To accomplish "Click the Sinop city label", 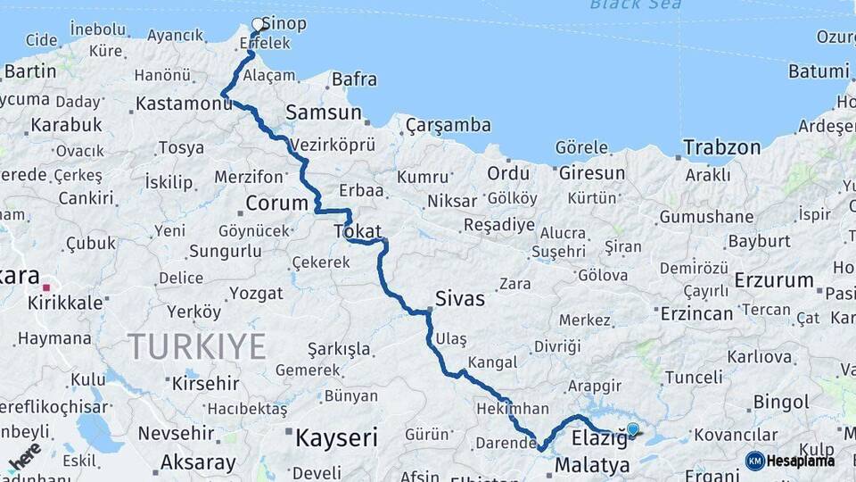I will (x=290, y=23).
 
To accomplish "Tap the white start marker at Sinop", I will (x=259, y=24).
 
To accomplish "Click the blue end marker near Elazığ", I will (x=633, y=429).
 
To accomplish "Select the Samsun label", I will (x=324, y=112).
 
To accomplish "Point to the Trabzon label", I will (x=722, y=147).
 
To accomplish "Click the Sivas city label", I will (x=460, y=298).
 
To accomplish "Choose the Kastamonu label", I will (x=184, y=104).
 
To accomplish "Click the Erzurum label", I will (x=774, y=280).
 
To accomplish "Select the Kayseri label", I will (x=336, y=437).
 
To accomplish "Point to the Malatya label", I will (x=592, y=465).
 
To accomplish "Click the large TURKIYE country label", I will (x=196, y=346).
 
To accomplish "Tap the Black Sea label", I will (x=636, y=4).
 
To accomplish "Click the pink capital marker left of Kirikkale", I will (x=46, y=288).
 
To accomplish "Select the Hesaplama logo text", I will (x=801, y=461).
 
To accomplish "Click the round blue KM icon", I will (x=755, y=461).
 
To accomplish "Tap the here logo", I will (x=24, y=456).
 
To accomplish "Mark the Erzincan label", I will (x=696, y=313).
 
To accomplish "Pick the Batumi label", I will (x=819, y=71).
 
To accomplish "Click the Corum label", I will (x=276, y=203).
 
